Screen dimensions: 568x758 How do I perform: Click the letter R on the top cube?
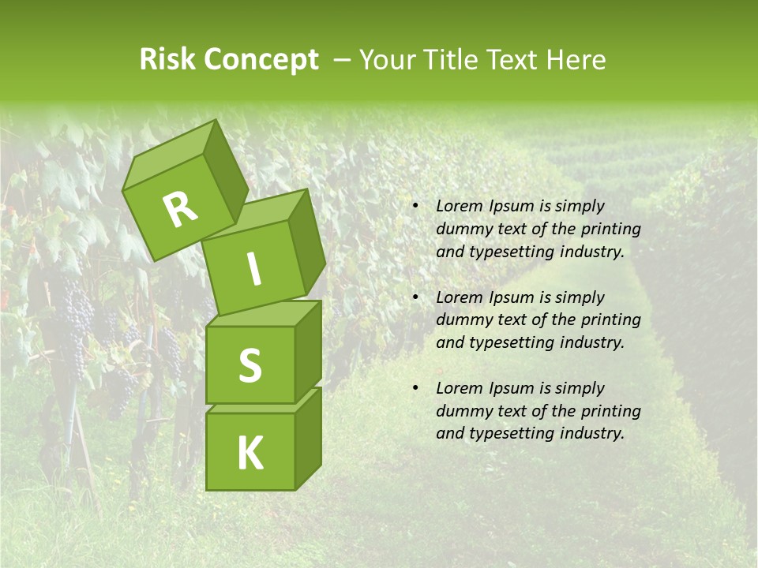click(180, 210)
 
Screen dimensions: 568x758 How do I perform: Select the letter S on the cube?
click(250, 365)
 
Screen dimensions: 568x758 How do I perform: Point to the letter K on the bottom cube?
click(250, 453)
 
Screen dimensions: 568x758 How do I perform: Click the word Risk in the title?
click(167, 60)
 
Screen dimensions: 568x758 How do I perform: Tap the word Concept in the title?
click(261, 60)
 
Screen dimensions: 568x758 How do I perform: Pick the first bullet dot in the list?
click(415, 207)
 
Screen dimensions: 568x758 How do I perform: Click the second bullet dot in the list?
click(415, 297)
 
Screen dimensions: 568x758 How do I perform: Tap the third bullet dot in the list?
click(415, 388)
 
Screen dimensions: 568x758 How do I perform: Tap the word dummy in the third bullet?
click(461, 411)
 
